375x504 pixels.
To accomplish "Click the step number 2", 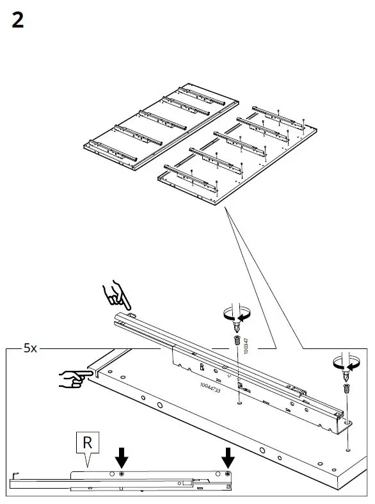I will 18,21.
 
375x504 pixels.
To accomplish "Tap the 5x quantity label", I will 31,348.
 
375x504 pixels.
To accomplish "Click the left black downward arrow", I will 122,457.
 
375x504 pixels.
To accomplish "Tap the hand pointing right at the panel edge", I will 72,379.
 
